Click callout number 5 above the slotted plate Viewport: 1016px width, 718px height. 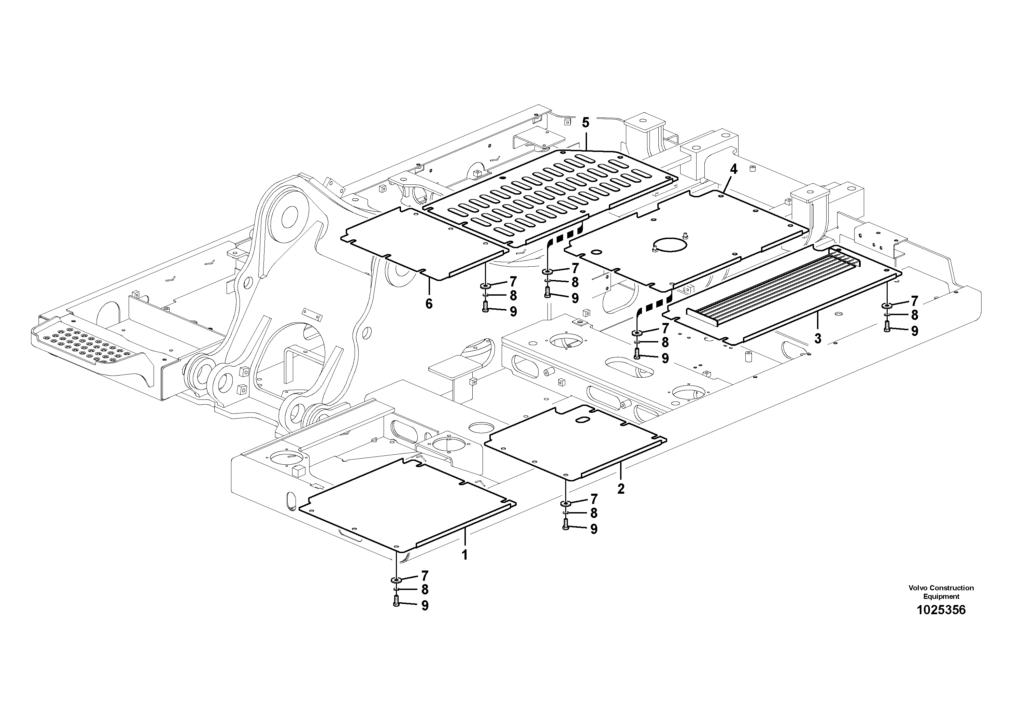[x=585, y=123]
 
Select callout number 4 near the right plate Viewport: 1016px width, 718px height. [x=733, y=169]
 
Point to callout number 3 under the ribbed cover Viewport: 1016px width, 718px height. [x=817, y=338]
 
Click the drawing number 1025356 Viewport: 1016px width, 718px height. [x=941, y=610]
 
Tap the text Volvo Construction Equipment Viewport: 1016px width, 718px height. [x=941, y=592]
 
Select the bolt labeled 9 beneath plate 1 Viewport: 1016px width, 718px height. [x=396, y=601]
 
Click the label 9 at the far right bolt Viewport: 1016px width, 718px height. [x=914, y=331]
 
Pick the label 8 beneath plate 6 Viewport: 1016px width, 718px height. [x=513, y=295]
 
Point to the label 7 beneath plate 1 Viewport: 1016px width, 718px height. [x=424, y=576]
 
